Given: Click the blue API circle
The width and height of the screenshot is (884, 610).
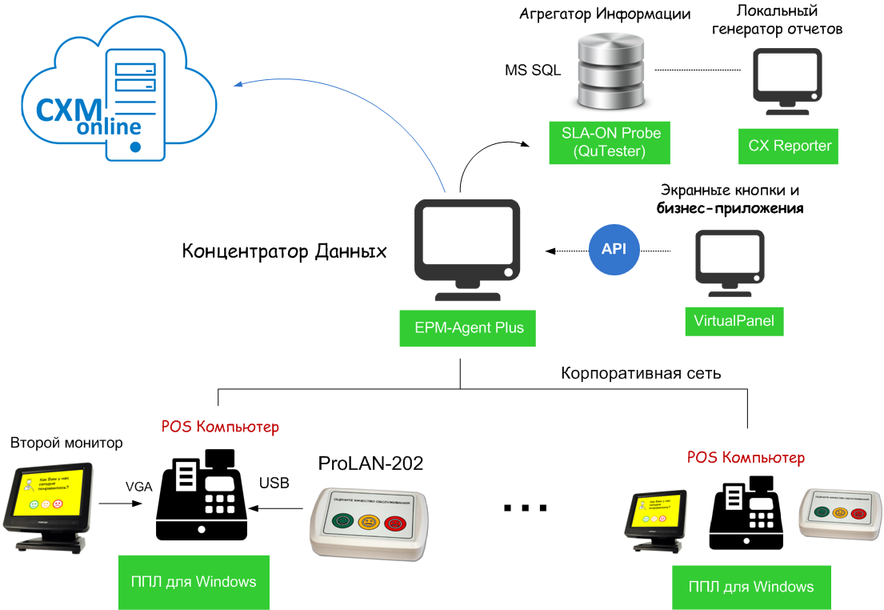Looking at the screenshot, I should coord(614,250).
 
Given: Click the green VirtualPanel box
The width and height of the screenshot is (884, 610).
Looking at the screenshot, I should coord(734,322).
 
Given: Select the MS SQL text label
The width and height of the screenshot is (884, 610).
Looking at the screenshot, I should coord(532,70).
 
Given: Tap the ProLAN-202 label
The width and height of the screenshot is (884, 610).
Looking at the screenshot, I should coord(370,463).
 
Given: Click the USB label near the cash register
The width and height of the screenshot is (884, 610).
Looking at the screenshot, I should coord(274,483).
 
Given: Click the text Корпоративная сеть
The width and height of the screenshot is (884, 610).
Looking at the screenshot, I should coord(641,373).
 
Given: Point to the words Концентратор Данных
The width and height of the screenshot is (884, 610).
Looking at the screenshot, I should coord(285,251).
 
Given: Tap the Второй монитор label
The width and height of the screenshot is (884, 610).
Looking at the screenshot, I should coord(66,443).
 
